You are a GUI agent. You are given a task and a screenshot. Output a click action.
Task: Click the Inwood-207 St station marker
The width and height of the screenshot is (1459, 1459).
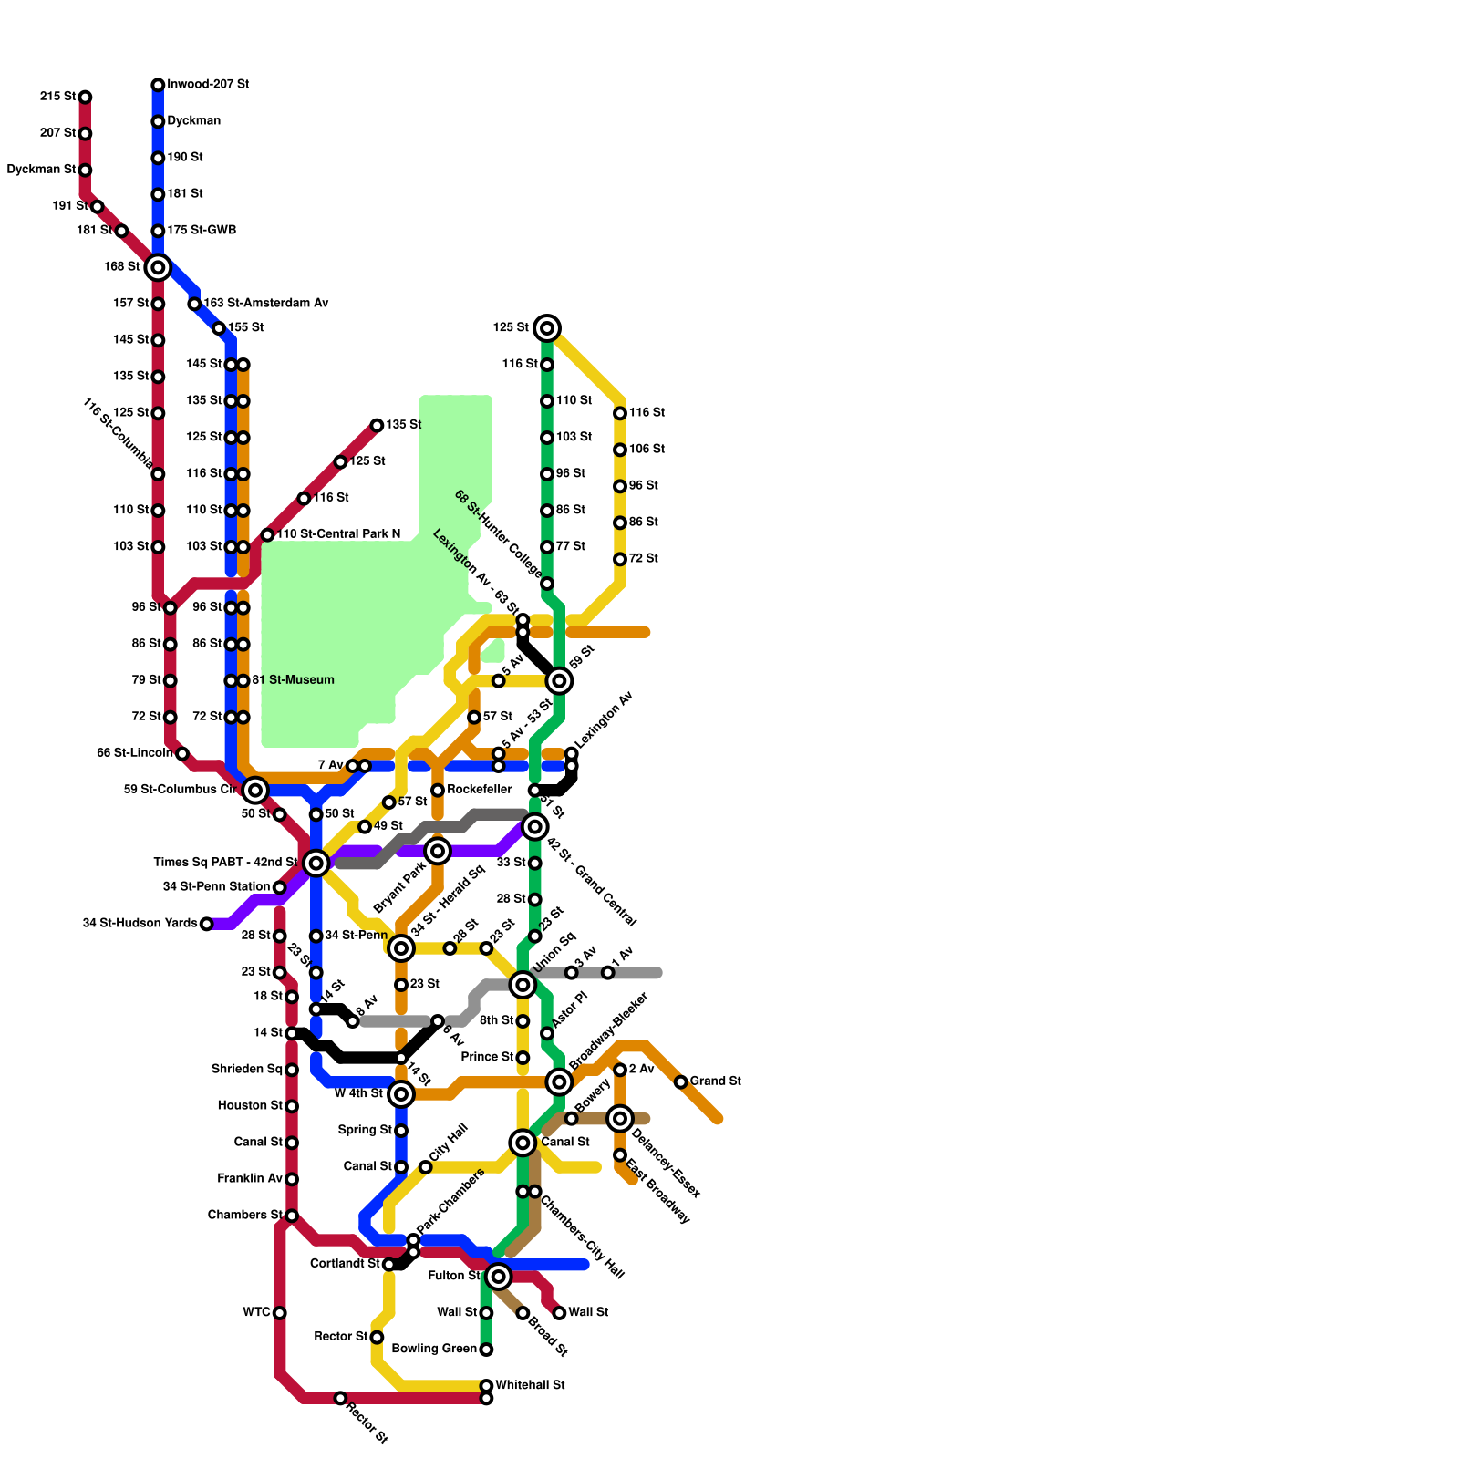point(158,85)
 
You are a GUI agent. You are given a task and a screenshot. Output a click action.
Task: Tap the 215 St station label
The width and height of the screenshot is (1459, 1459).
point(57,97)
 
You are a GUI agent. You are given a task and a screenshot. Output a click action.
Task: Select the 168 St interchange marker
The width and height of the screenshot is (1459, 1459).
point(158,267)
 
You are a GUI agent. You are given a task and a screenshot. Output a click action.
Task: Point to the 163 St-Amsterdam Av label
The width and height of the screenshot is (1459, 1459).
point(265,303)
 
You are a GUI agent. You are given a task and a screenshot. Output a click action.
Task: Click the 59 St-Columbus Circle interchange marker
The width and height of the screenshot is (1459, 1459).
point(255,790)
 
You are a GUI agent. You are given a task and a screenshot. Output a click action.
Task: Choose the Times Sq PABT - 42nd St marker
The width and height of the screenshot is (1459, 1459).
point(316,863)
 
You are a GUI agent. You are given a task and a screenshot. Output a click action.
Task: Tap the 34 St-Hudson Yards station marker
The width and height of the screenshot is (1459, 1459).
point(206,924)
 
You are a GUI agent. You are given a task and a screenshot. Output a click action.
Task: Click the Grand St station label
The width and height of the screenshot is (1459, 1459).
point(715,1081)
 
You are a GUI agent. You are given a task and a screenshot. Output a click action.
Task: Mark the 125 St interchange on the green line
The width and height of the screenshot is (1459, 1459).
point(547,328)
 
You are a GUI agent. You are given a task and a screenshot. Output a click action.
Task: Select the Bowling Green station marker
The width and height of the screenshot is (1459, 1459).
point(486,1350)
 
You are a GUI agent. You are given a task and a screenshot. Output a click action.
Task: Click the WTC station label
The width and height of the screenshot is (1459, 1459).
point(256,1313)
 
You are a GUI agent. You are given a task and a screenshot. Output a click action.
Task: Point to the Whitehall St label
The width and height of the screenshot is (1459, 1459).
point(530,1385)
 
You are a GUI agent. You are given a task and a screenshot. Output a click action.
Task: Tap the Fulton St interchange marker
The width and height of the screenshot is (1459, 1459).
point(498,1277)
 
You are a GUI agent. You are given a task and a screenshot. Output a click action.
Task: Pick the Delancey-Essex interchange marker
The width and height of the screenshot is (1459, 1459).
point(620,1118)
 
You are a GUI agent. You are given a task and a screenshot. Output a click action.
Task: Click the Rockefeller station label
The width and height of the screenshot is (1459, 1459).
point(479,790)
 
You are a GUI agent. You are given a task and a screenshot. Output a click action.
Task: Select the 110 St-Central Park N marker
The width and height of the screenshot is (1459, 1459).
point(267,534)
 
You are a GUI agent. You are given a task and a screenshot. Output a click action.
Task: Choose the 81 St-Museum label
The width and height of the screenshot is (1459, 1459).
point(293,680)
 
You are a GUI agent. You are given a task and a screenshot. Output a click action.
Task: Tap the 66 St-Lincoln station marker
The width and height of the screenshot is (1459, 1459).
point(182,753)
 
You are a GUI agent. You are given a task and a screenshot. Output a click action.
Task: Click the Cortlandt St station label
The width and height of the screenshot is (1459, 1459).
point(345,1264)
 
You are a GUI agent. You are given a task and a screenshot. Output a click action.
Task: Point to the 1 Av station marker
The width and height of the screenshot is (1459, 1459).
point(607,973)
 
